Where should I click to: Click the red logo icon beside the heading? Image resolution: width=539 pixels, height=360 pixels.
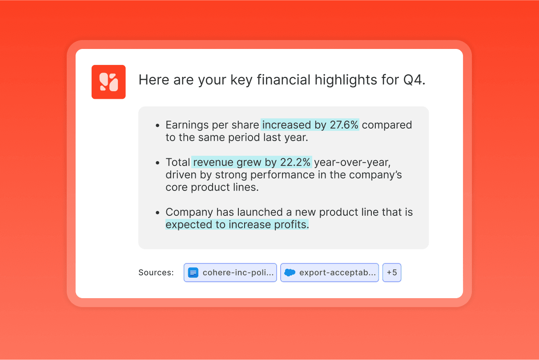109,82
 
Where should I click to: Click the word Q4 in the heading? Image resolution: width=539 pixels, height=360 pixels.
414,80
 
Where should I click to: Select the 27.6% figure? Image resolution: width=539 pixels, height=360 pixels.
344,125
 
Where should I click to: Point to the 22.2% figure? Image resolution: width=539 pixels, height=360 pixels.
295,162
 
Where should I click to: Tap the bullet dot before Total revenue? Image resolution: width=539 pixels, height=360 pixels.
157,163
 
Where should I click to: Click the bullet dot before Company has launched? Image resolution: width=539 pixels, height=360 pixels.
157,213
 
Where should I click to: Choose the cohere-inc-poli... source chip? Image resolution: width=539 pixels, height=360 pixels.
230,272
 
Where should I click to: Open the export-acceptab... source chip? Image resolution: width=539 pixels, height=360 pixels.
330,272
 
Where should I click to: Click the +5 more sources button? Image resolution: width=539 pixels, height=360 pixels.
392,272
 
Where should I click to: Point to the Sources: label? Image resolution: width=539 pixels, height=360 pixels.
156,273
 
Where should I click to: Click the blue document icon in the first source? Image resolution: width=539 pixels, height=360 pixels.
193,273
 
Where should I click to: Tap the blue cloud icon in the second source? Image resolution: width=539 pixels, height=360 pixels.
290,272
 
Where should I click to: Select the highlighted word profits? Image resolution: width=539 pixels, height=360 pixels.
291,225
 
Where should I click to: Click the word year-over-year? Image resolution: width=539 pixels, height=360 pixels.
352,162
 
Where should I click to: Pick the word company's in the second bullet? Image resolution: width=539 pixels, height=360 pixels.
375,175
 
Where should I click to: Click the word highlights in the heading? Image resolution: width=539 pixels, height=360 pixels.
346,80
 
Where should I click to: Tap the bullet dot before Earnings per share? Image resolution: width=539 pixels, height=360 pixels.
157,125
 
